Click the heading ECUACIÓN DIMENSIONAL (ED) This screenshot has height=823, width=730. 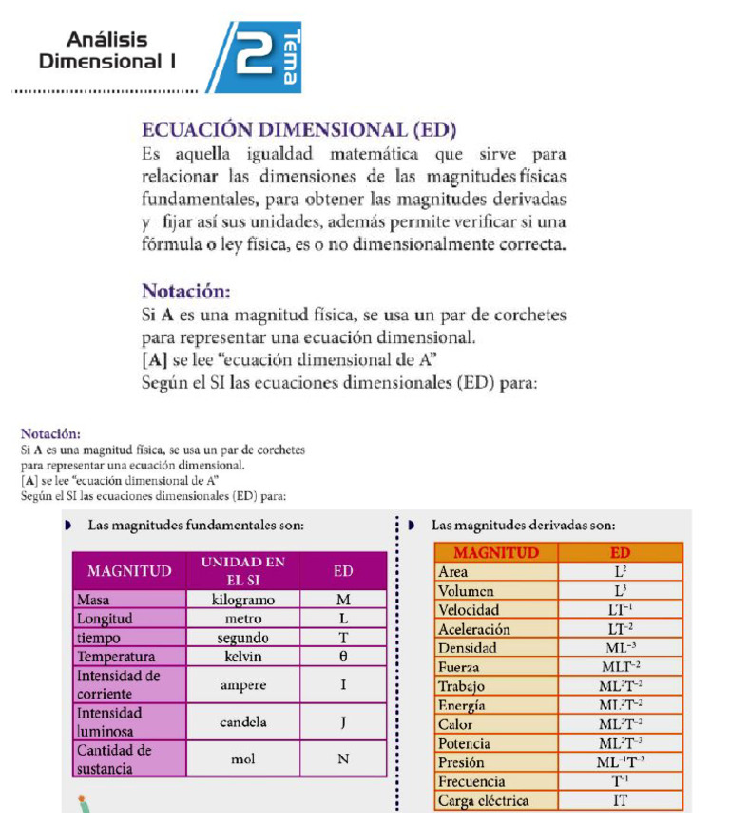pyautogui.click(x=298, y=129)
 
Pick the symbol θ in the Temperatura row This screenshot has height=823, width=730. pyautogui.click(x=343, y=657)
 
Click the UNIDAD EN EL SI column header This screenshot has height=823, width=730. pyautogui.click(x=242, y=570)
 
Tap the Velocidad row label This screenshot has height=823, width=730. pyautogui.click(x=469, y=610)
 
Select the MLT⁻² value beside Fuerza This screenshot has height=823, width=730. pyautogui.click(x=620, y=667)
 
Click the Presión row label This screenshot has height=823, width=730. pyautogui.click(x=461, y=762)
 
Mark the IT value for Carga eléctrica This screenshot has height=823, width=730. pyautogui.click(x=620, y=800)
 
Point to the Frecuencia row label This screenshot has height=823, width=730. pyautogui.click(x=471, y=781)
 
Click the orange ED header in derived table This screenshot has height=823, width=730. pyautogui.click(x=620, y=552)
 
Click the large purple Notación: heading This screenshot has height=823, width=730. pyautogui.click(x=186, y=290)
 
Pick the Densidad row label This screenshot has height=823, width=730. pyautogui.click(x=468, y=648)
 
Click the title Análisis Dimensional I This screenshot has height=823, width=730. pyautogui.click(x=107, y=50)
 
